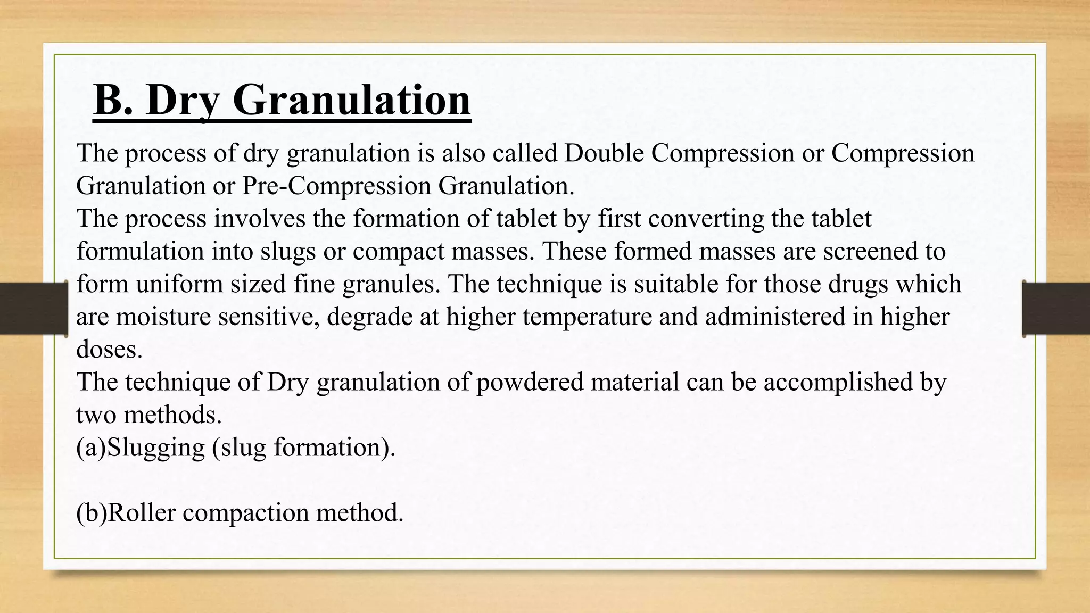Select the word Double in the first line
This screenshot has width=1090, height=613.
pyautogui.click(x=604, y=153)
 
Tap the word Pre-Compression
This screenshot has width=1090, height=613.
pyautogui.click(x=336, y=186)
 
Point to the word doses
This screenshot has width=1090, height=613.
pyautogui.click(x=109, y=350)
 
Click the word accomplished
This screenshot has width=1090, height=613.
pyautogui.click(x=838, y=382)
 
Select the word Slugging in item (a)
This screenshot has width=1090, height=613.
pyautogui.click(x=156, y=448)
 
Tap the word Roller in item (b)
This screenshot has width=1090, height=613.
pyautogui.click(x=142, y=513)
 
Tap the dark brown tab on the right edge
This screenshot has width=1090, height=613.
pyautogui.click(x=1056, y=309)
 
